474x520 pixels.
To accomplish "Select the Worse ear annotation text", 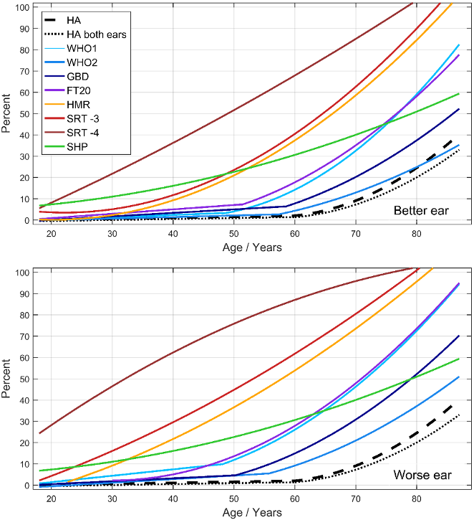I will click(x=422, y=475).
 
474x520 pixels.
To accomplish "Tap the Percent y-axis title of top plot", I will click(x=7, y=114).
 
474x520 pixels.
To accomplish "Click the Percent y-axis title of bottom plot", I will click(x=7, y=378).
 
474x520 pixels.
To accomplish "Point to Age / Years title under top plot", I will click(x=251, y=247).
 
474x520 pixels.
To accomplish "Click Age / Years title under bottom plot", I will click(x=251, y=513).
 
